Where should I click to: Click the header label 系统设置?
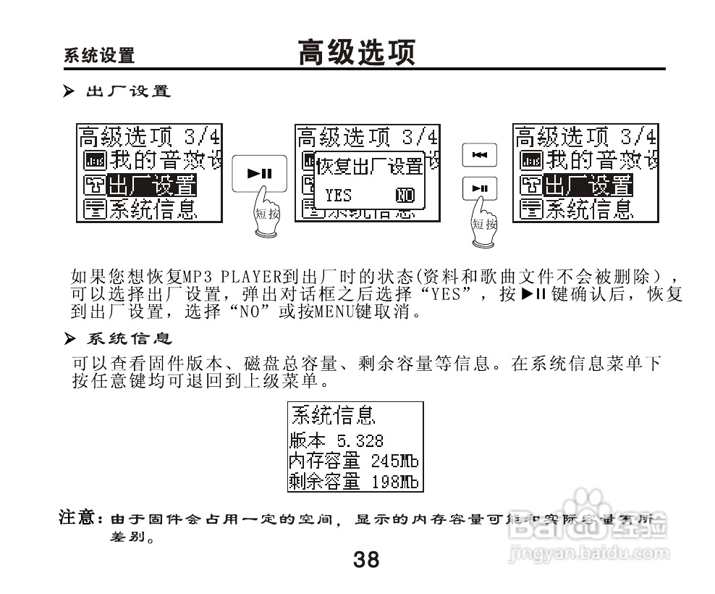(99, 56)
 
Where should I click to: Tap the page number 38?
(366, 559)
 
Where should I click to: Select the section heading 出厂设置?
(127, 92)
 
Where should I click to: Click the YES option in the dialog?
(337, 194)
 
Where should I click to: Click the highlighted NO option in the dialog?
(405, 194)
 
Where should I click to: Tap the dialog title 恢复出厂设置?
(370, 166)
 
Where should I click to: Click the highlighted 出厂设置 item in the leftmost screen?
(151, 185)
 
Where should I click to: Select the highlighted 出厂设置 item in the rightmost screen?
(588, 185)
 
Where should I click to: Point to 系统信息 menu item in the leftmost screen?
(151, 209)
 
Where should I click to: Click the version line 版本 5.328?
(336, 440)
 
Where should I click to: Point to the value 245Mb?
(394, 461)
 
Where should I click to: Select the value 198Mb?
(394, 481)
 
